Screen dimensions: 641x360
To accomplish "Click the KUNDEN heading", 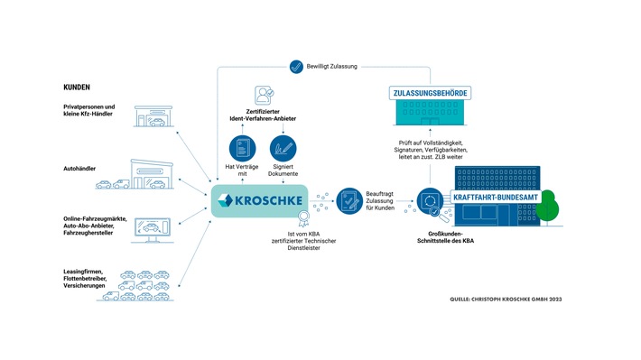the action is click(x=77, y=87).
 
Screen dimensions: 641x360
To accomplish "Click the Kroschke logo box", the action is click(x=260, y=200).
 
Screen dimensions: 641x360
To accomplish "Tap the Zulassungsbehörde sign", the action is click(x=430, y=93).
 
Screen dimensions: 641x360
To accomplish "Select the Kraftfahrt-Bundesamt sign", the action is click(x=496, y=198).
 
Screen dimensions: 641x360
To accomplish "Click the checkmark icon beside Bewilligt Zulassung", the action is click(x=296, y=67).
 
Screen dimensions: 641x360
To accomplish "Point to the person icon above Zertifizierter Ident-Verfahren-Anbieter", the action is click(x=264, y=96).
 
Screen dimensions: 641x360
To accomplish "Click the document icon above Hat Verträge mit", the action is click(x=243, y=149).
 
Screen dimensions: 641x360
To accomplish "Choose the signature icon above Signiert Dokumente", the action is click(x=283, y=149).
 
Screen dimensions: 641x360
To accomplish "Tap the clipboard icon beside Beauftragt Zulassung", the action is click(x=349, y=200).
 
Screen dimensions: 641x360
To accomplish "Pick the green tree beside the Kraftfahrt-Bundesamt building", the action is click(x=547, y=208).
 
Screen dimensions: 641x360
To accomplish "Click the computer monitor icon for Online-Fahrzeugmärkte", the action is click(x=153, y=230).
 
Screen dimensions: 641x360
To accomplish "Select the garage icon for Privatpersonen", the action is click(x=153, y=116).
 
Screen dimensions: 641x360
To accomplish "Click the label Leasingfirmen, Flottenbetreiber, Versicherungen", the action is click(x=85, y=279).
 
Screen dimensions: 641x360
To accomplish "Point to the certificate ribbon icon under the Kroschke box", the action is click(x=303, y=218).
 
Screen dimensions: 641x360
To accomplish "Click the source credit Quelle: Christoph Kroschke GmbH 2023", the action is click(x=506, y=300).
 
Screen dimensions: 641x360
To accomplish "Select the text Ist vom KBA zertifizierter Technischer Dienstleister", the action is click(x=303, y=241).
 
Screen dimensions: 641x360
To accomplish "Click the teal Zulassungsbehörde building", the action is click(x=430, y=113).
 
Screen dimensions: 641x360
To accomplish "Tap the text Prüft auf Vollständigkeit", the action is click(x=431, y=143).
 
